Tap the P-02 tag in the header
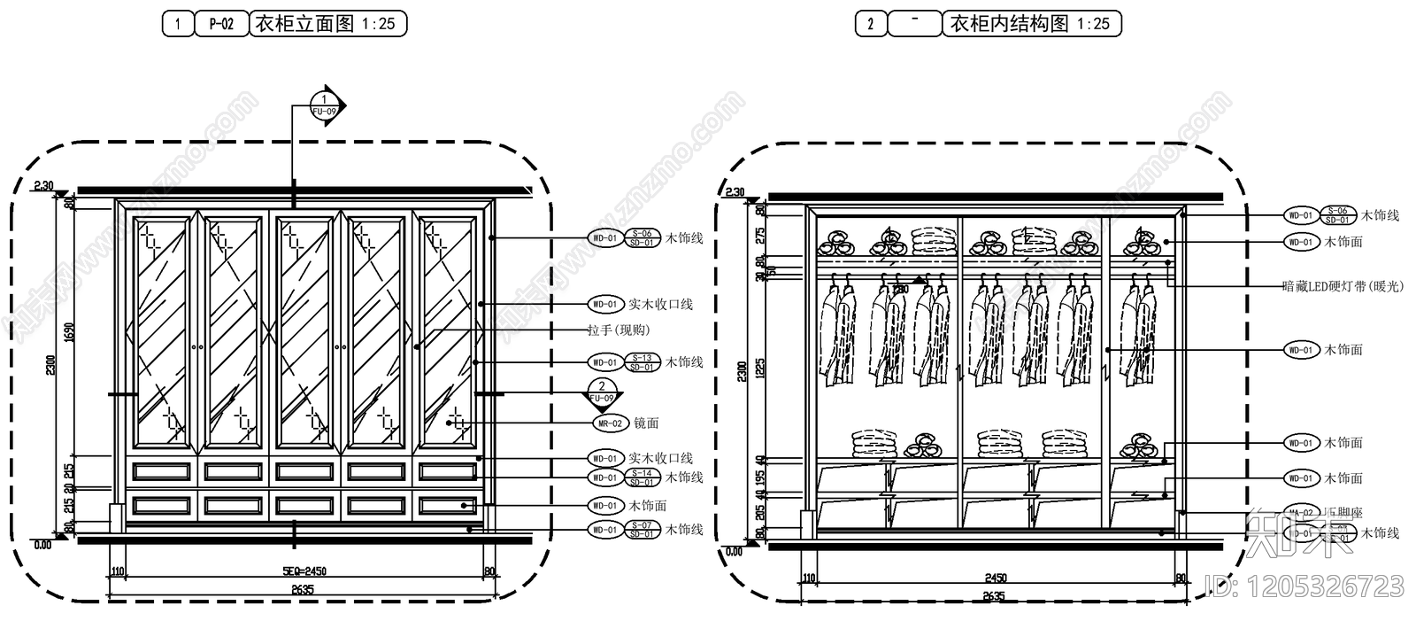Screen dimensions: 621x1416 pos(221,24)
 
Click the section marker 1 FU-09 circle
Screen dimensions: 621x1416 pos(325,105)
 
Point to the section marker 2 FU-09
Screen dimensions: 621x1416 pos(602,392)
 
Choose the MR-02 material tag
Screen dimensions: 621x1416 pos(610,423)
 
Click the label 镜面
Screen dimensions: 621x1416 pos(647,423)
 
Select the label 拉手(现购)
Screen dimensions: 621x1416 pos(619,330)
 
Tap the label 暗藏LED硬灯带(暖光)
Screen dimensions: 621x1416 pos(1343,286)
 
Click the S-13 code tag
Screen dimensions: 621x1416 pos(643,358)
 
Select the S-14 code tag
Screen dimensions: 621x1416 pos(643,473)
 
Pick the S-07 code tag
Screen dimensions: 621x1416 pos(643,525)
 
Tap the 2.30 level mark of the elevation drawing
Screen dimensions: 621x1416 pos(43,186)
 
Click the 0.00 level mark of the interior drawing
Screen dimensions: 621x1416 pos(735,551)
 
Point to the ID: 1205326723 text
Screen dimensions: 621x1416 pos(1305,586)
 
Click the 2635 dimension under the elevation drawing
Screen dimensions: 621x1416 pos(302,589)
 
